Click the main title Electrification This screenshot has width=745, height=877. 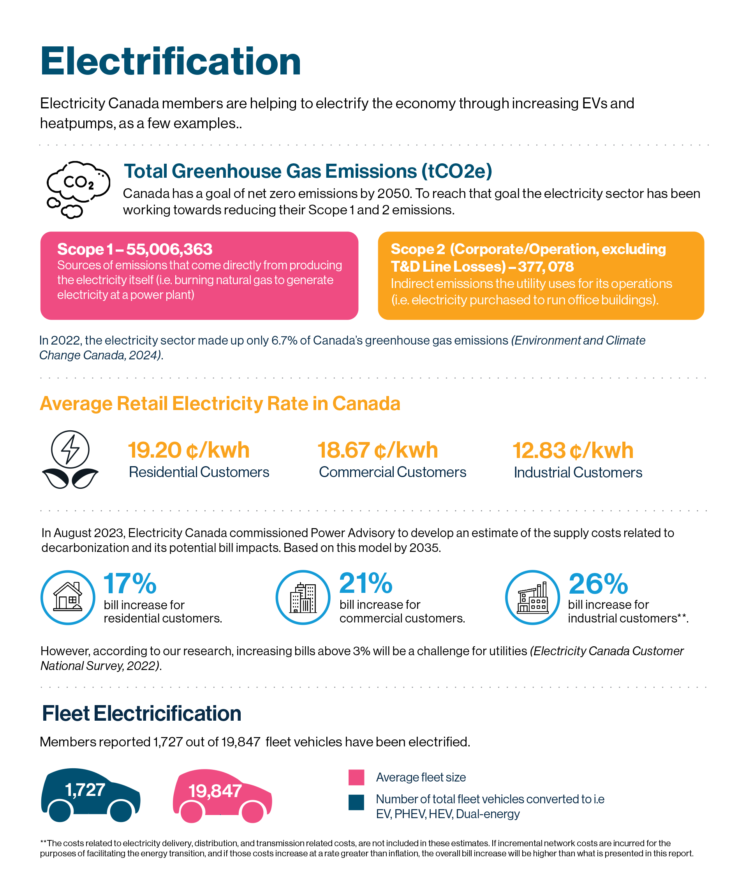pyautogui.click(x=171, y=62)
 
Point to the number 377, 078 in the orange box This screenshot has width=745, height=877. pyautogui.click(x=546, y=267)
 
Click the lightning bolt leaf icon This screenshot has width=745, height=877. pyautogui.click(x=70, y=460)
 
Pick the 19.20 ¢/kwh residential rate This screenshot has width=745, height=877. pyautogui.click(x=189, y=450)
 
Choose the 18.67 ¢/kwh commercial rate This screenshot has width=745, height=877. pyautogui.click(x=378, y=450)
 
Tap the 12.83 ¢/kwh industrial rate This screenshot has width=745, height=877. pyautogui.click(x=573, y=451)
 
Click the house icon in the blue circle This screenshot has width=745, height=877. pyautogui.click(x=68, y=597)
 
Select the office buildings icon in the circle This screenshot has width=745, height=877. pyautogui.click(x=303, y=597)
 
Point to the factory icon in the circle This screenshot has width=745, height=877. pyautogui.click(x=533, y=597)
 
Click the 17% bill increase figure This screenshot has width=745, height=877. pyautogui.click(x=130, y=583)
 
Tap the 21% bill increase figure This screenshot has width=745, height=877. pyautogui.click(x=366, y=583)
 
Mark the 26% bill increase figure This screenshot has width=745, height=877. pyautogui.click(x=599, y=583)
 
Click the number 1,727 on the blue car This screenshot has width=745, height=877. pyautogui.click(x=85, y=790)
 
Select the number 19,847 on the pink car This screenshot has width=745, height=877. pyautogui.click(x=215, y=791)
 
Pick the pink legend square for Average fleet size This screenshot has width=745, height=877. pyautogui.click(x=356, y=777)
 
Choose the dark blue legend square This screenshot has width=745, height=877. pyautogui.click(x=356, y=802)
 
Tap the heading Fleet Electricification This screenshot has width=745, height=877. pyautogui.click(x=141, y=713)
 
